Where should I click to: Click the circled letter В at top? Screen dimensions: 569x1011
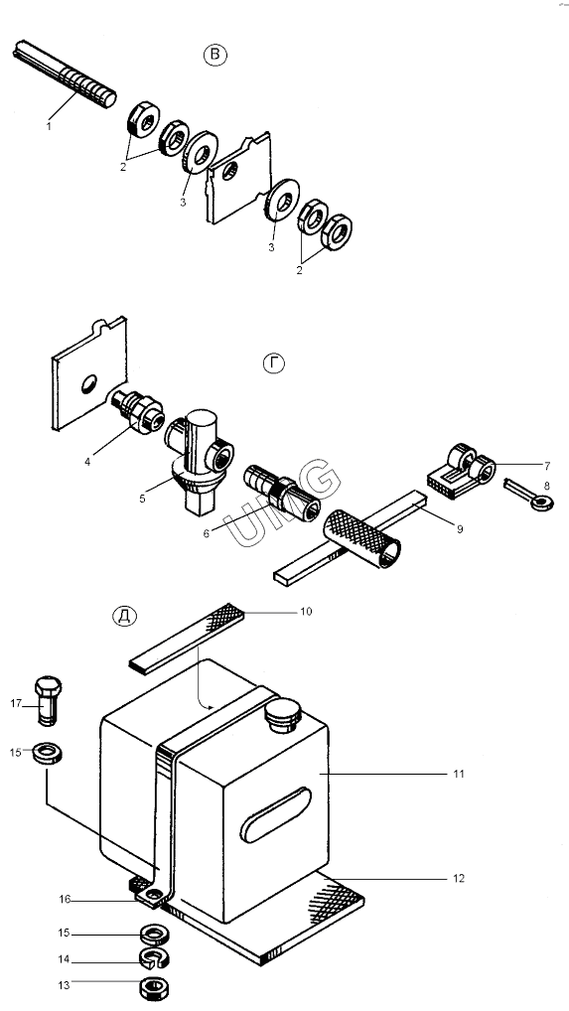tap(215, 55)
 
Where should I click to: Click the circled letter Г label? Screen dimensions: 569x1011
tap(274, 363)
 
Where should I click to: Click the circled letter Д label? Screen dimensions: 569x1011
tap(124, 616)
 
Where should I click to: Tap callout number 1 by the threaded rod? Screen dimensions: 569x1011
tap(49, 126)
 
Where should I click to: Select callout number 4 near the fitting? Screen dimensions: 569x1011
tap(87, 461)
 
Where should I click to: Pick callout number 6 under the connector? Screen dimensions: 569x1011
tap(207, 533)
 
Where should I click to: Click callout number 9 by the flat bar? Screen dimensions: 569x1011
tap(460, 528)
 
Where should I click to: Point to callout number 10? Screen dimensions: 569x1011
tap(306, 611)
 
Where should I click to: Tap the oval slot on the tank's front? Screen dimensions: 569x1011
tap(276, 814)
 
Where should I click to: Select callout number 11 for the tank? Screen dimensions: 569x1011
tap(458, 773)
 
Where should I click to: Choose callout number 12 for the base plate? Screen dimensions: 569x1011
tap(458, 878)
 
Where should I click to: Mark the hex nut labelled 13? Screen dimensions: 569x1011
tap(154, 987)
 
